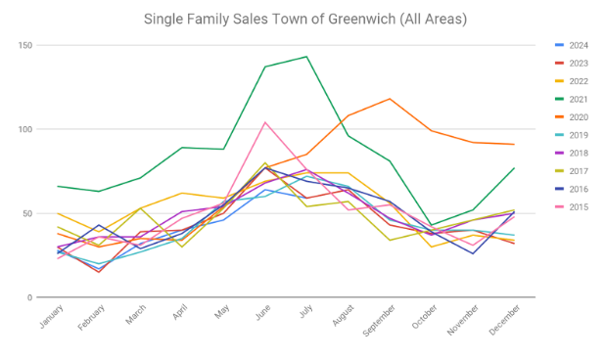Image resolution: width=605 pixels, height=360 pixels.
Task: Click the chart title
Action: (305, 19)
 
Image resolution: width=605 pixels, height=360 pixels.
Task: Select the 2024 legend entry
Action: (572, 45)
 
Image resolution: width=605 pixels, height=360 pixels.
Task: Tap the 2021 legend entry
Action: (572, 100)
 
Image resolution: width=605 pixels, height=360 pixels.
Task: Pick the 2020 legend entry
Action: (572, 117)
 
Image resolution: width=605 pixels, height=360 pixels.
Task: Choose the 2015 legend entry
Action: (572, 207)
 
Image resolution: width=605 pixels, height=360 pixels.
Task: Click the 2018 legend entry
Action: (572, 153)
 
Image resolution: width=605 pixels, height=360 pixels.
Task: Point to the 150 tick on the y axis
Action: (25, 45)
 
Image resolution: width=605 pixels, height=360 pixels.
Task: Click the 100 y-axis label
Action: (25, 129)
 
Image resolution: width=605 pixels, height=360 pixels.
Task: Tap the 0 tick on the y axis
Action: (29, 297)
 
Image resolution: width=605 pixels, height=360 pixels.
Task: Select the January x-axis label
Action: (51, 316)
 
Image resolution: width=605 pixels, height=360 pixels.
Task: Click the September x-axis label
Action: (379, 321)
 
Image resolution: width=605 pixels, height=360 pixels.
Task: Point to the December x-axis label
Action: (505, 320)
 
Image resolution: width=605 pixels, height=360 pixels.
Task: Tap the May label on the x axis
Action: (222, 311)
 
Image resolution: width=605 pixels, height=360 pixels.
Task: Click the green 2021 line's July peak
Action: (306, 57)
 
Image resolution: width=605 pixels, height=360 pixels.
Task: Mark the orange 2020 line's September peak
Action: (390, 99)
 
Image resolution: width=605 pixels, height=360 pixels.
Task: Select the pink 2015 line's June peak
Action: (265, 122)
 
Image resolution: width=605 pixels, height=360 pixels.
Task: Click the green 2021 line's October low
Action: (432, 225)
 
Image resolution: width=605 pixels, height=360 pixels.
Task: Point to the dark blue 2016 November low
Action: (473, 253)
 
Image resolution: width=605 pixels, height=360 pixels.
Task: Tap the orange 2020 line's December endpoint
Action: (514, 144)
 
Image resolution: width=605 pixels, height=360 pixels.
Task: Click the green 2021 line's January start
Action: (58, 186)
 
